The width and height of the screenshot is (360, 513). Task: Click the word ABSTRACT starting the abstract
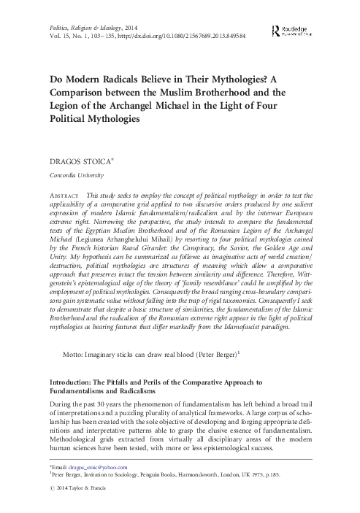point(63,197)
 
